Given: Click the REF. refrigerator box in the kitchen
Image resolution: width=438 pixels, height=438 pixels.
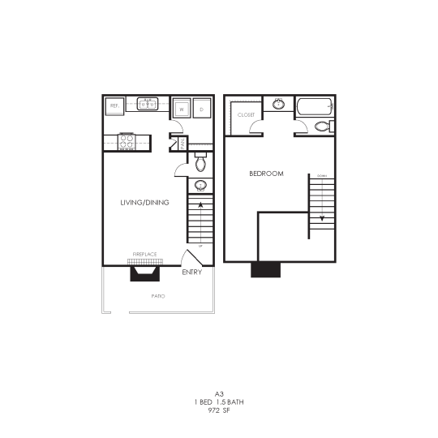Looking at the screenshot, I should coord(114,105).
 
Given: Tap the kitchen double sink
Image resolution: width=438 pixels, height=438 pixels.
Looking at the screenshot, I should coord(148,104).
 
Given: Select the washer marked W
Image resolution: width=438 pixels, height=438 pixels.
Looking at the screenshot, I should coord(182,109).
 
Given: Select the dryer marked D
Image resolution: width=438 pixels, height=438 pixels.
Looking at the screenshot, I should coord(201,109).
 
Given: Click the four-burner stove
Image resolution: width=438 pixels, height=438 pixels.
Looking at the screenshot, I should coord(127,141).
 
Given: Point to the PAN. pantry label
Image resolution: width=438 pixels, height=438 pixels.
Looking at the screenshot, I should coord(182,144).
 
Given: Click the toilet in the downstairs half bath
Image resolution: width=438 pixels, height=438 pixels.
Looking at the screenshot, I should coord(201,163).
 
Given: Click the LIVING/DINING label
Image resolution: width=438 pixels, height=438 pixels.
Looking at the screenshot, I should coord(145,202).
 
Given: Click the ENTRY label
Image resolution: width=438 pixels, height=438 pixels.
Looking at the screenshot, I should coord(192,272).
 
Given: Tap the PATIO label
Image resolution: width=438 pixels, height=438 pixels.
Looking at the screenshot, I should coord(158,297).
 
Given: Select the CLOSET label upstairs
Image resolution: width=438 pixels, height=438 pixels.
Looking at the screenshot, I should coord(246,115).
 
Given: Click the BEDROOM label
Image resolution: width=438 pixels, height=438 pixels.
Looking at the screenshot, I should coord(265,174).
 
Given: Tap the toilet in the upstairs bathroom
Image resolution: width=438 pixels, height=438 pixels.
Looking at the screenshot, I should coord(322,127).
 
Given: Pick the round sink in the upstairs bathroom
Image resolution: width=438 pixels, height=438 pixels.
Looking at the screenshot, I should coord(279,104).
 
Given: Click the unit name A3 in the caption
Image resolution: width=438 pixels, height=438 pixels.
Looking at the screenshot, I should coord(218,393).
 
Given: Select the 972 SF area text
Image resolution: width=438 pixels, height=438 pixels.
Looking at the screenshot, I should coord(218,410).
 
